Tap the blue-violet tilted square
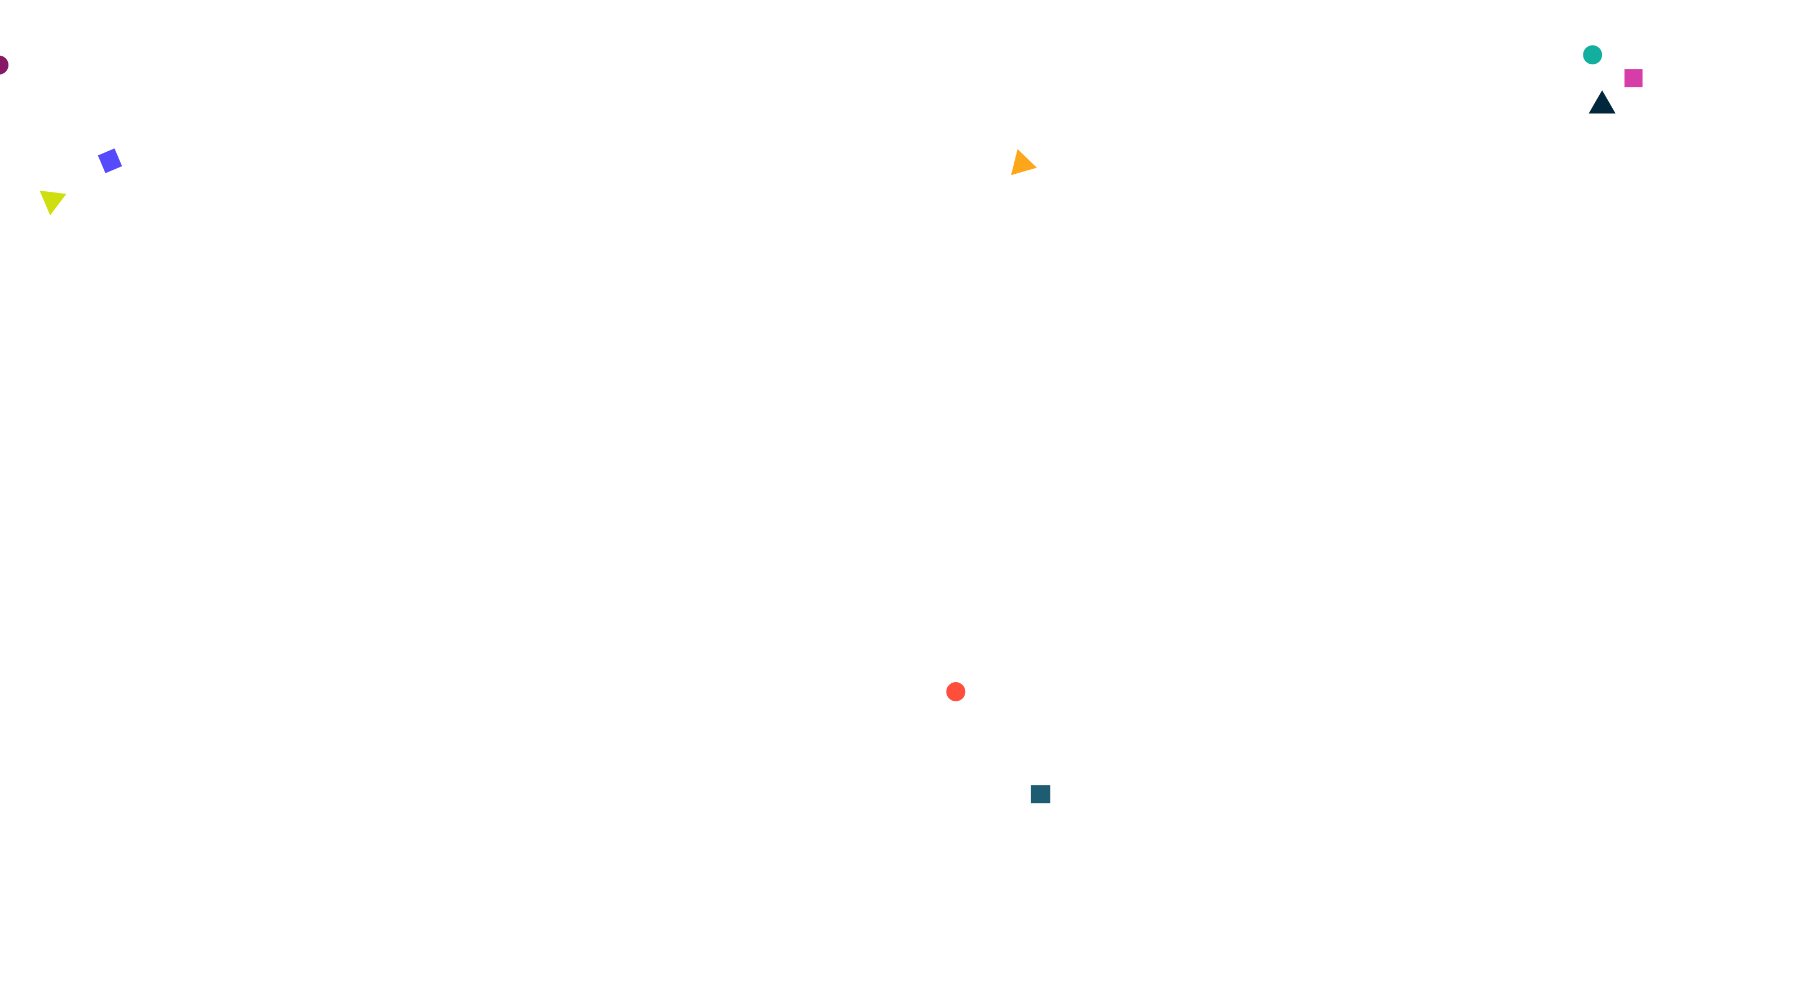pyautogui.click(x=110, y=160)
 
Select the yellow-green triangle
pyautogui.click(x=52, y=201)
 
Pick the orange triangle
pyautogui.click(x=1022, y=164)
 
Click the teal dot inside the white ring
pyautogui.click(x=1592, y=55)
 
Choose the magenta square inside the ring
pyautogui.click(x=1633, y=78)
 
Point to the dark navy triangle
pyautogui.click(x=1601, y=104)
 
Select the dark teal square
pyautogui.click(x=1040, y=793)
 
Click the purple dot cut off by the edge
pyautogui.click(x=3, y=65)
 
